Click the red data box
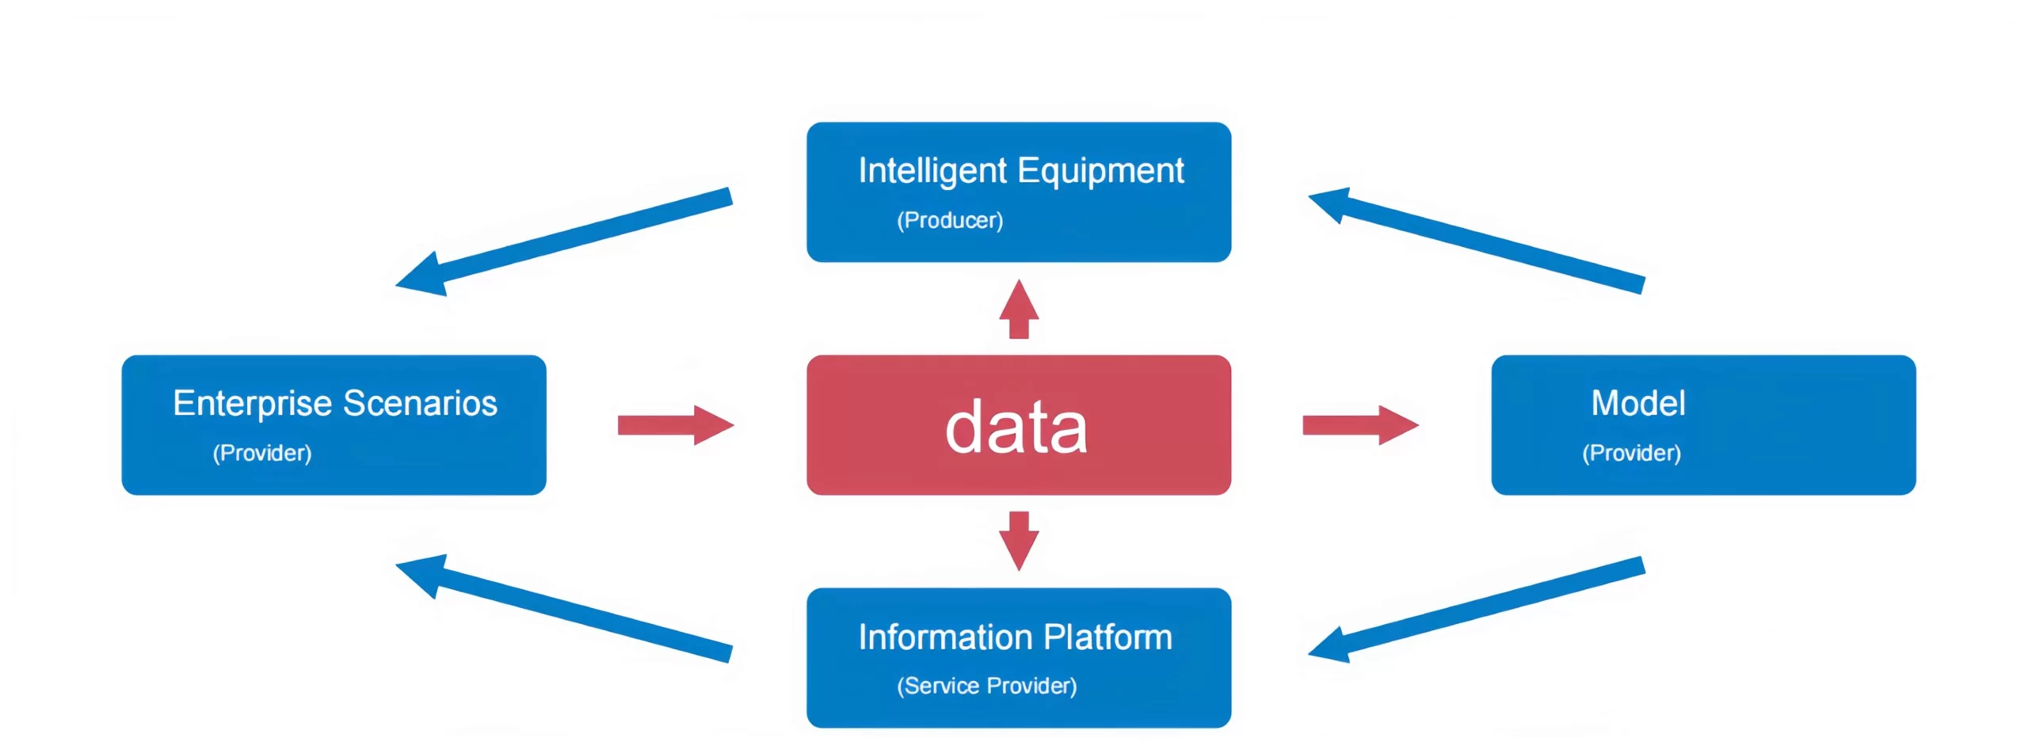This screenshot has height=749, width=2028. (1019, 425)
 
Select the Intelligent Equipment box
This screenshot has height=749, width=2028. (1019, 192)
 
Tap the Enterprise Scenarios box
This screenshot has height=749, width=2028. (334, 425)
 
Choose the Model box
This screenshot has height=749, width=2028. (1703, 425)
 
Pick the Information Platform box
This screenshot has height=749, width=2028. (1019, 658)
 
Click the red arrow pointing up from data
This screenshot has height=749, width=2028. (1019, 309)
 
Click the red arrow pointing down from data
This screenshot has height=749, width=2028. (1019, 542)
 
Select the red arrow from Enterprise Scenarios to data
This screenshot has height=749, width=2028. (676, 425)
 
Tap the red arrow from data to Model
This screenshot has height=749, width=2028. (1360, 425)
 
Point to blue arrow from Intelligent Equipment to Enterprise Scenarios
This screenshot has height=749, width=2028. (564, 241)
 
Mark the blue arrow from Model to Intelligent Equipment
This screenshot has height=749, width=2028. (1477, 240)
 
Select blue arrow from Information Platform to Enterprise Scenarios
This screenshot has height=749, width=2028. (564, 608)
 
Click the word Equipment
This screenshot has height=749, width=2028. (1100, 172)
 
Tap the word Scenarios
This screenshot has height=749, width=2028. (420, 403)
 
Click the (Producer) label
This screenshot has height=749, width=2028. (950, 220)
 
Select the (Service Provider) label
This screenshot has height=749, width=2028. (987, 686)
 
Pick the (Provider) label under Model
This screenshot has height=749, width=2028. (1631, 453)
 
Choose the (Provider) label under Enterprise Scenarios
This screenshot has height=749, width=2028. (262, 453)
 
